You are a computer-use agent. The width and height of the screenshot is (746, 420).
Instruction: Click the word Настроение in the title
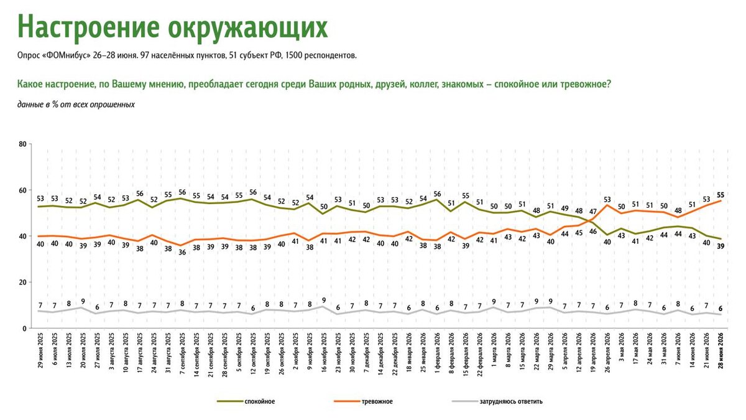(x=88, y=27)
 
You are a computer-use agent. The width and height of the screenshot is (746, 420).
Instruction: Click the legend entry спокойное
(x=260, y=402)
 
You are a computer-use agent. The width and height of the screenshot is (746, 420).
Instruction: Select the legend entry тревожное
(x=377, y=402)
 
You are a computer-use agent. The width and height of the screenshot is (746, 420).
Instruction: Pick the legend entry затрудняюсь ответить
(x=511, y=402)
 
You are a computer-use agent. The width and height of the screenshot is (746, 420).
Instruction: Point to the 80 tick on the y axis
(x=22, y=144)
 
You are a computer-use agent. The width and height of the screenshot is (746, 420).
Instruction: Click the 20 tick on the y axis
(x=22, y=282)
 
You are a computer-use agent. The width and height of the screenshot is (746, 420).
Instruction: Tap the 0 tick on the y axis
(x=24, y=329)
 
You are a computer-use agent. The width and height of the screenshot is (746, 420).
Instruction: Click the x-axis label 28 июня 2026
(x=721, y=351)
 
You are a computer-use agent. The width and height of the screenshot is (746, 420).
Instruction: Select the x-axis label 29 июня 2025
(x=41, y=351)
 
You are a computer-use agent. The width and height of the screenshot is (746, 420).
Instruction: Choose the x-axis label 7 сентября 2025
(x=183, y=353)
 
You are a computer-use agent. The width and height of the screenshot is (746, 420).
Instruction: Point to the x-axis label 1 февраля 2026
(x=438, y=352)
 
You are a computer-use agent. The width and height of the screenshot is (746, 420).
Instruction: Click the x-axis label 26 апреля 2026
(x=607, y=352)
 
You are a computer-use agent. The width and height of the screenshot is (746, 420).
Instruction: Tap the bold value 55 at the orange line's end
(x=721, y=195)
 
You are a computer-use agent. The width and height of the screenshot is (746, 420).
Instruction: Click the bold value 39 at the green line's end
(x=721, y=246)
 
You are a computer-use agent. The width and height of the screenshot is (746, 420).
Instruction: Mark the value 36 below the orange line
(x=183, y=253)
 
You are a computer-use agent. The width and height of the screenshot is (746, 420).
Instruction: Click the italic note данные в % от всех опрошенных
(x=76, y=105)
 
